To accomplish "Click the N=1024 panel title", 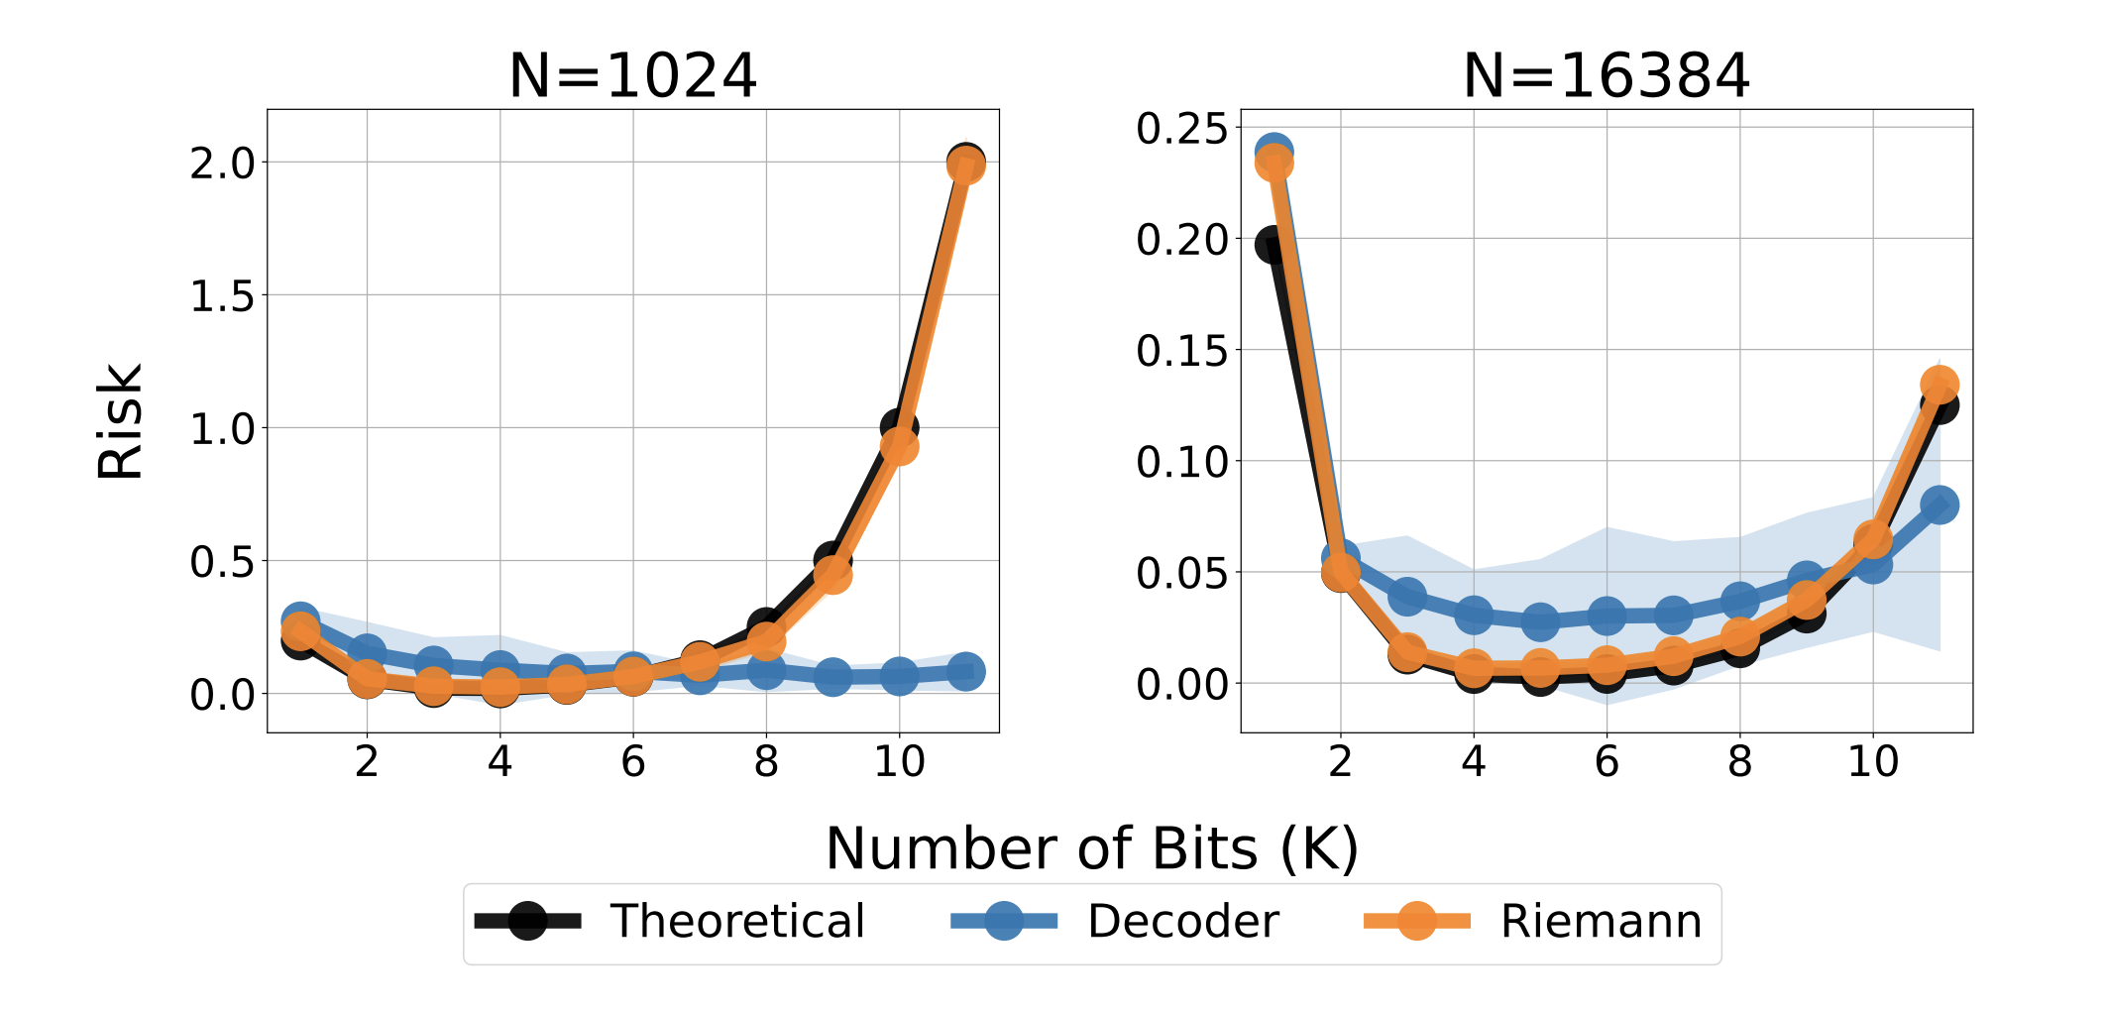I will (x=632, y=76).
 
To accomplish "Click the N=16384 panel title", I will (x=1606, y=76).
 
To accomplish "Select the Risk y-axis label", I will (x=121, y=421).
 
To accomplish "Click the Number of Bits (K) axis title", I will (x=1091, y=848).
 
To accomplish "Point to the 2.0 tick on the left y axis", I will (x=222, y=164).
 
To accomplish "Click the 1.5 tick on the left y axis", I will (x=222, y=296).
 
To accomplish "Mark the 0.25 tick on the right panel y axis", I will (x=1181, y=129).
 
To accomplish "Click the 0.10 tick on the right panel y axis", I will (x=1181, y=462).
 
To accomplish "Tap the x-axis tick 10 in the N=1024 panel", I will (x=899, y=761).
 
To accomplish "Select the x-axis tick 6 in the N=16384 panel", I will (x=1606, y=761).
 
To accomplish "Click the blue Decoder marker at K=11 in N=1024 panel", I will (x=965, y=671).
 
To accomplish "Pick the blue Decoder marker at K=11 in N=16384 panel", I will (x=1939, y=505).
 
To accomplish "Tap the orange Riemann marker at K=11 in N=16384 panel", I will (x=1939, y=385).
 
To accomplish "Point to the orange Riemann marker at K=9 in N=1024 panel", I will (x=832, y=573).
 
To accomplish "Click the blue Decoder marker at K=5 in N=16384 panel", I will (x=1540, y=621).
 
